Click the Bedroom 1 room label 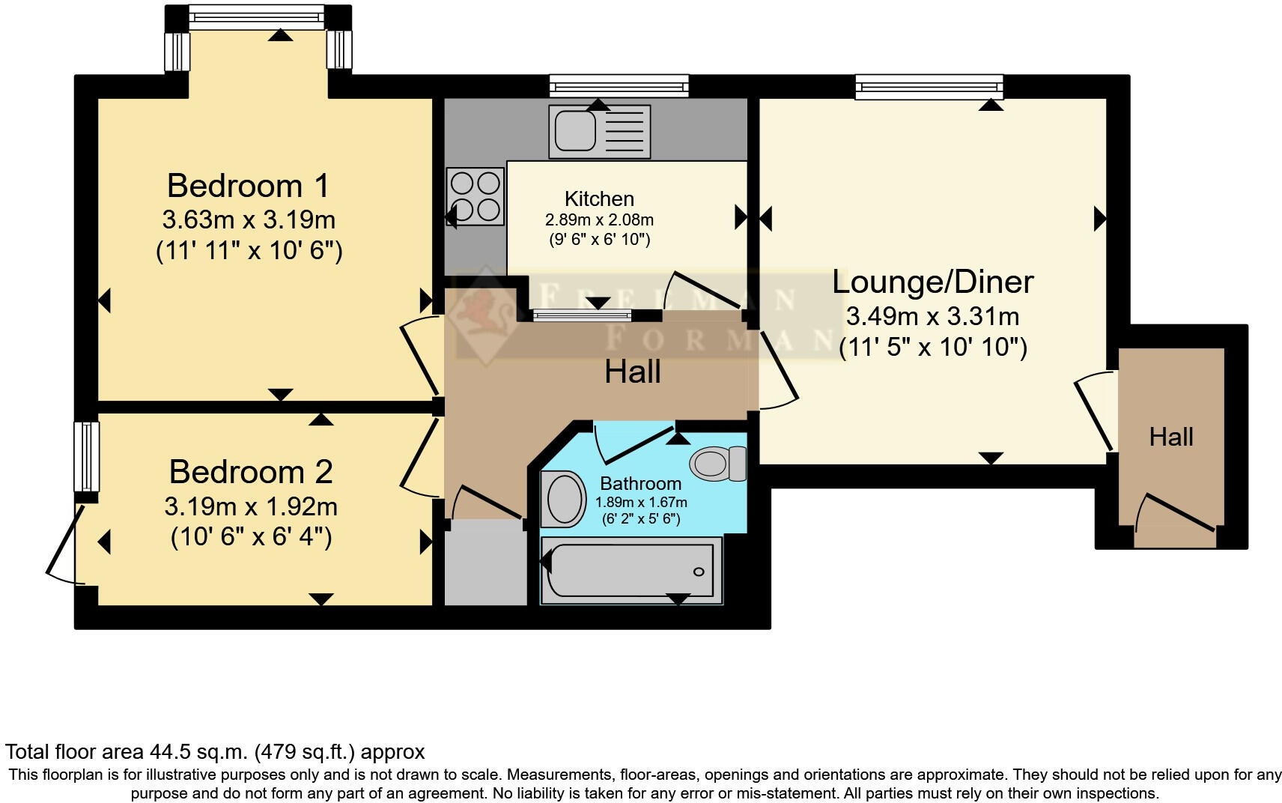coord(248,186)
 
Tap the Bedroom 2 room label coord(251,472)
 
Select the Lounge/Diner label coord(933,282)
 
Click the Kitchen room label coord(599,199)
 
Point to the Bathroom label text coord(640,483)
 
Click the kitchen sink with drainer coord(599,132)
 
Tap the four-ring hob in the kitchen coord(475,196)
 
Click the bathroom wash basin coord(563,499)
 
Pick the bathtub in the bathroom coord(631,572)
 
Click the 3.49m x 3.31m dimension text coord(932,317)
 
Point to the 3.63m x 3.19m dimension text coord(249,220)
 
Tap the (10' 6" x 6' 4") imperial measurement coord(251,537)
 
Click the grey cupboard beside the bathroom coord(485,566)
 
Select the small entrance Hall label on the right coord(1171,437)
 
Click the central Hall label coord(632,372)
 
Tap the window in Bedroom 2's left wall coord(88,457)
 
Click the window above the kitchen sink coord(619,86)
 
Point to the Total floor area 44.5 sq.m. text coord(215,751)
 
